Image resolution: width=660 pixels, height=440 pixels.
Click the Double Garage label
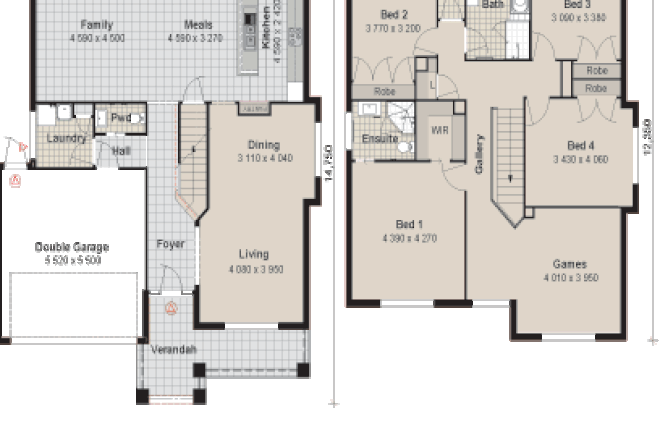(x=71, y=247)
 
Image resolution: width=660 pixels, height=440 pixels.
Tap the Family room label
(x=97, y=24)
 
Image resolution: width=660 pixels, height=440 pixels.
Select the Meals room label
(x=198, y=24)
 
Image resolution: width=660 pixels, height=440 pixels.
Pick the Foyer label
(x=171, y=244)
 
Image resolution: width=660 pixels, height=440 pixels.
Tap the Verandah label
(x=174, y=349)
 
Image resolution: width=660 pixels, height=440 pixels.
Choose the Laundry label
(x=66, y=138)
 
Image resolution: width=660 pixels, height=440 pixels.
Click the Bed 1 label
(x=409, y=224)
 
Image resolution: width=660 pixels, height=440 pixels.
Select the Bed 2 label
(x=394, y=15)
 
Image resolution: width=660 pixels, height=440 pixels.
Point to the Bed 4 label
(x=581, y=145)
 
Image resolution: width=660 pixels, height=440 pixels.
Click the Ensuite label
(x=380, y=139)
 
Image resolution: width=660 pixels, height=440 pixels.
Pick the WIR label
(x=438, y=131)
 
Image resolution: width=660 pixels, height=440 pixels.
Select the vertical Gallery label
(x=480, y=155)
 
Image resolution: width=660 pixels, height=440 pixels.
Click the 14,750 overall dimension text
(x=327, y=160)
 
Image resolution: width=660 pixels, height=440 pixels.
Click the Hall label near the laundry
(x=121, y=151)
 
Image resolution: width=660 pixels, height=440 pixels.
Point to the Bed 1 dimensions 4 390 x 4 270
(x=409, y=238)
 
